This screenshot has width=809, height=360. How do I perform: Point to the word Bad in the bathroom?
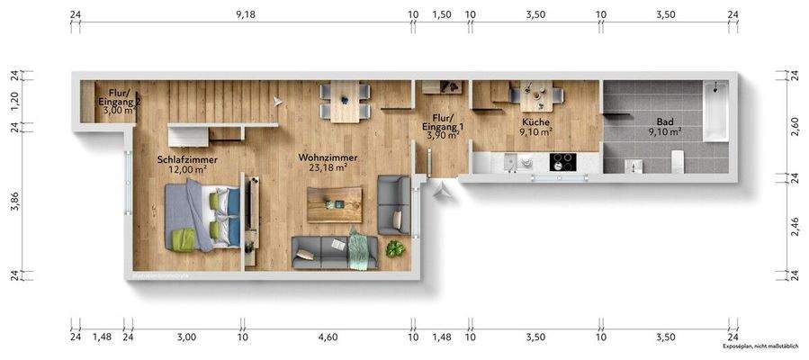[x=664, y=120]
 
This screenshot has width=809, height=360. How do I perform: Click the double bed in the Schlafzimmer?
[x=205, y=217]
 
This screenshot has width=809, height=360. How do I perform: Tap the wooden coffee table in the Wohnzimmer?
[x=334, y=204]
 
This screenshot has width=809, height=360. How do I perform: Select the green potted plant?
[x=394, y=248]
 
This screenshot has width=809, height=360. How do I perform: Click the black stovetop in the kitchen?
[x=562, y=163]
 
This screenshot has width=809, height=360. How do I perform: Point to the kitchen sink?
[x=511, y=163]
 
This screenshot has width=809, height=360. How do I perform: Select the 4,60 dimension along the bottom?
[x=328, y=337]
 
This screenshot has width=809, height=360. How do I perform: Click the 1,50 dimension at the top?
[x=441, y=15]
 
